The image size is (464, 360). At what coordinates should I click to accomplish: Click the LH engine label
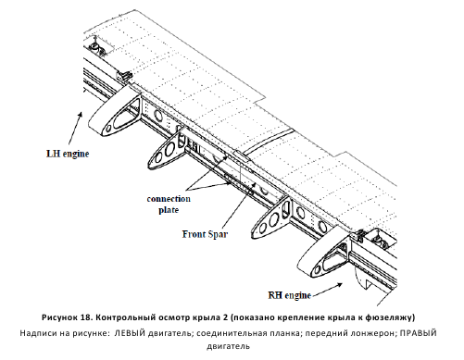pos(68,154)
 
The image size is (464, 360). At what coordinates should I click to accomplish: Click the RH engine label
pos(289,295)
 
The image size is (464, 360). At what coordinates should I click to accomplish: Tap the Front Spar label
pos(205,234)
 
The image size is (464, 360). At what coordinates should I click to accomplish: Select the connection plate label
pos(169,205)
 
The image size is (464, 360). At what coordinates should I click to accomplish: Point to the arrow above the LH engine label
pos(75,128)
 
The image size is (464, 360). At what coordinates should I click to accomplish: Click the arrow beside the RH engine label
pos(327,290)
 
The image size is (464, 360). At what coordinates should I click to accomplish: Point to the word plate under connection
pos(169,210)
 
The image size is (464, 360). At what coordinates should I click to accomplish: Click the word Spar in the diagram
pos(217,234)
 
